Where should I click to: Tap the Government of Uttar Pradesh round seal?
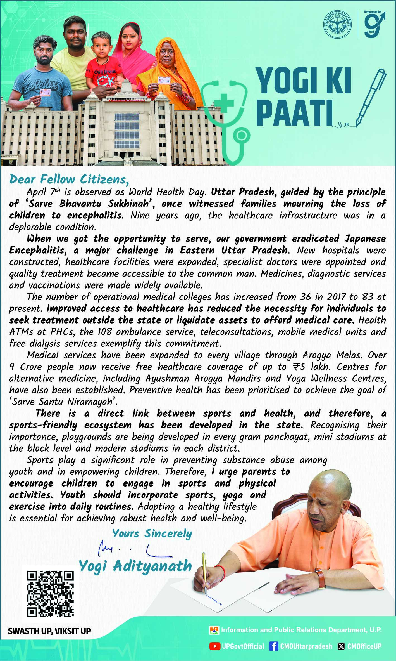(338, 24)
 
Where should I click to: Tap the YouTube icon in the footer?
(214, 646)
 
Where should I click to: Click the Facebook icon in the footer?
(273, 646)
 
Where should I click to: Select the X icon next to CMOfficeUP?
(341, 646)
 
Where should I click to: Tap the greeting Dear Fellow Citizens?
(69, 179)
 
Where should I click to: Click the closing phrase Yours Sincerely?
(152, 533)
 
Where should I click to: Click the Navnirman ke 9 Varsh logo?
(374, 24)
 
